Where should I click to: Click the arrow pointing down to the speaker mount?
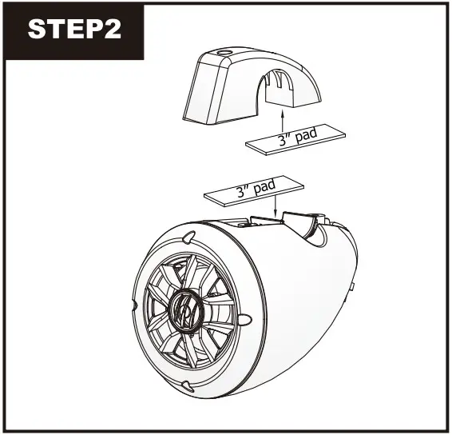(275, 206)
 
